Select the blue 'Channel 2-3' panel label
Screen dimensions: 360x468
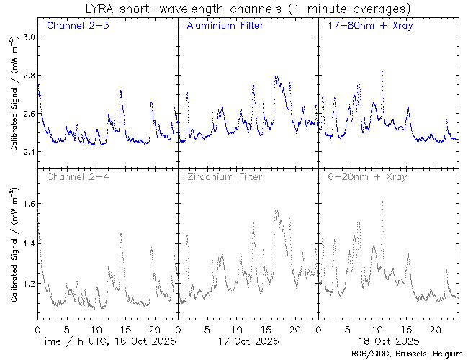[x=73, y=27]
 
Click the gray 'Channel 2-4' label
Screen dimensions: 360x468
[x=73, y=176]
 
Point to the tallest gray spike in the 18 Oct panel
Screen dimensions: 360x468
[x=382, y=202]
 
